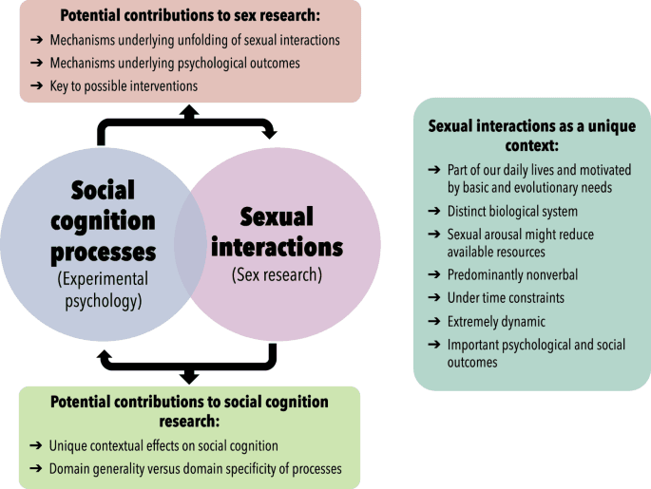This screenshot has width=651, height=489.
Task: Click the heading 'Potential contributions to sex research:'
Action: tap(190, 16)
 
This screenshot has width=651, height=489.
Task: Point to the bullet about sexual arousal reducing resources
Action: tap(527, 243)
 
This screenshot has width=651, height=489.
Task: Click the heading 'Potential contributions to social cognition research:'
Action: tap(190, 410)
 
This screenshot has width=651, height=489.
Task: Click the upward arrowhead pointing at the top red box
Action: tap(189, 110)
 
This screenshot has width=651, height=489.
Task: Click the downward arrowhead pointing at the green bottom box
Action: tap(189, 377)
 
